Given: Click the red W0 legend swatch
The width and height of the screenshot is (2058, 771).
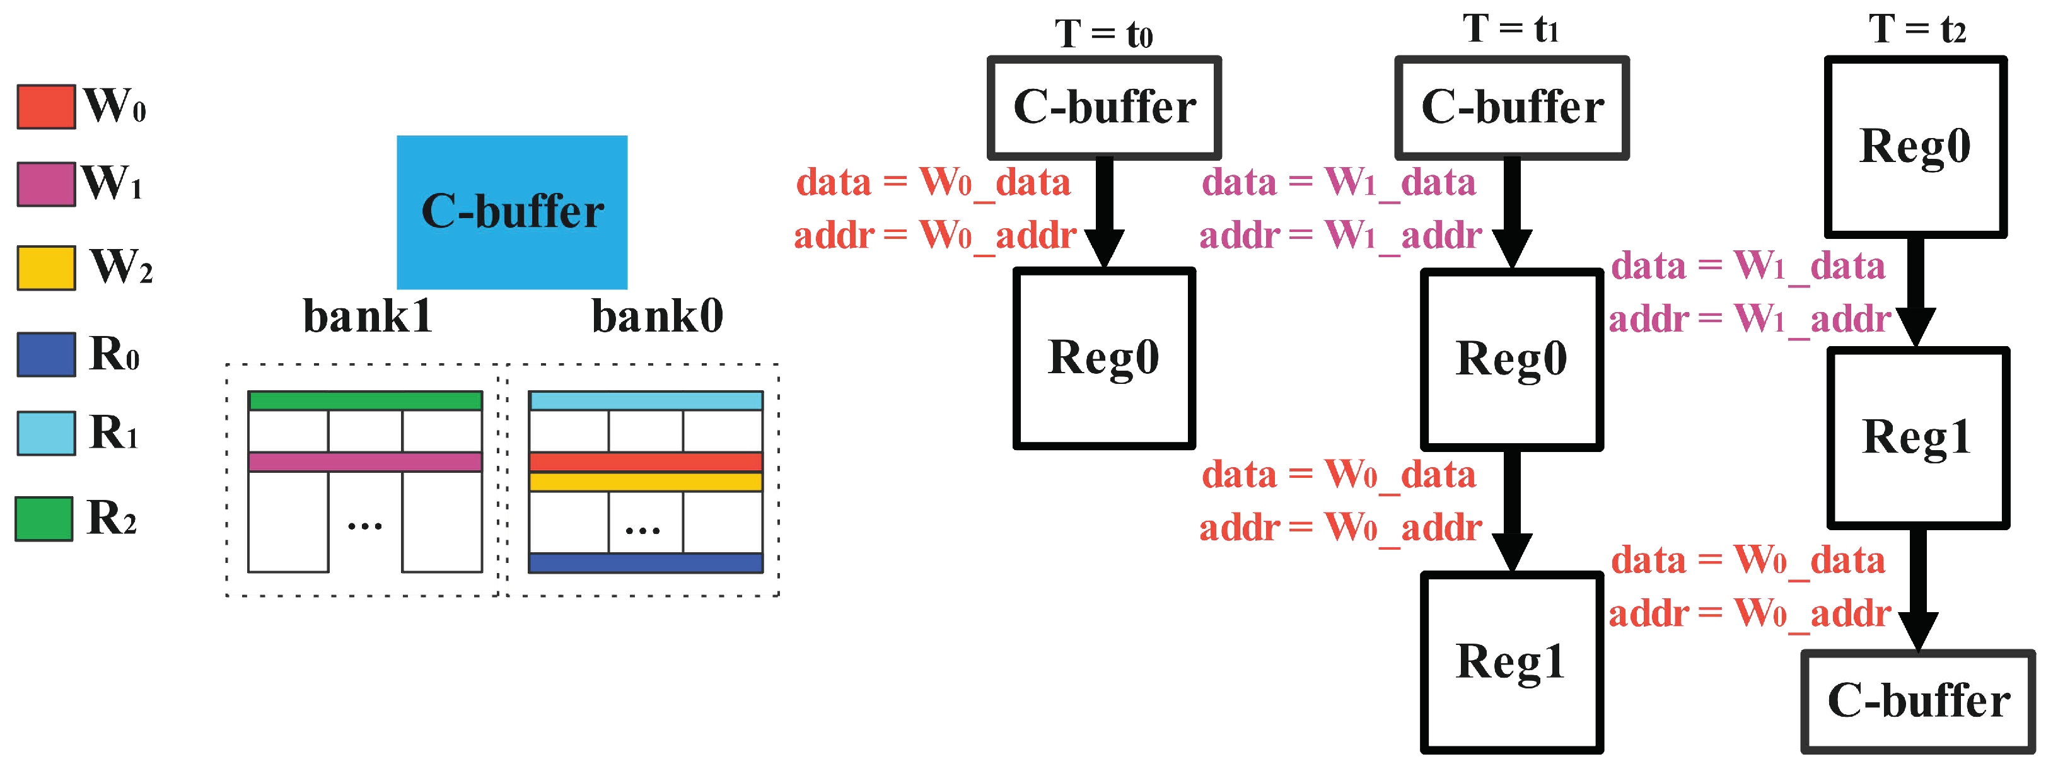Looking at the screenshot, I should click(46, 107).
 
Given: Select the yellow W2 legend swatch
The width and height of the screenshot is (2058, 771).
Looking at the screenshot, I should click(46, 268).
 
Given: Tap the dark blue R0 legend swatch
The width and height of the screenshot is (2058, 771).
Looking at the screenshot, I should click(46, 354).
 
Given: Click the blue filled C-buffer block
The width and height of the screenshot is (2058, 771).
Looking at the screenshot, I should click(511, 212).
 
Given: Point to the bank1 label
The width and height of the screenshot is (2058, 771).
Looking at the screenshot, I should click(368, 316).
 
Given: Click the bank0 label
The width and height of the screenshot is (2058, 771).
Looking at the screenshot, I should click(657, 316).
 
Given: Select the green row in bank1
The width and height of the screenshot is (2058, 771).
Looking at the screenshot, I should click(365, 400).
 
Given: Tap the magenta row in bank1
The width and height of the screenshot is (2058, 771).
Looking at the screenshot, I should click(365, 462).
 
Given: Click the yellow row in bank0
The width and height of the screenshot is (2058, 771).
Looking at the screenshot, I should click(646, 482).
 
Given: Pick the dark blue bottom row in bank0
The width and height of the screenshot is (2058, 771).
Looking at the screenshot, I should click(646, 562).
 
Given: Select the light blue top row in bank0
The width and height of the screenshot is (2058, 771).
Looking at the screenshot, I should click(646, 400).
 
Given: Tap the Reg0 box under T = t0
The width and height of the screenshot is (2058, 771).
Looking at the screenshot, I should click(1103, 358).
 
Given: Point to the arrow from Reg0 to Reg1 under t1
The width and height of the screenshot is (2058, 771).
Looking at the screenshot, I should click(1511, 511).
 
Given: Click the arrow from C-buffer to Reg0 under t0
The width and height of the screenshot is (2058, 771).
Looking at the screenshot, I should click(1104, 212).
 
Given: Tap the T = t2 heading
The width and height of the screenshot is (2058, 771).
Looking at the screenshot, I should click(1917, 30).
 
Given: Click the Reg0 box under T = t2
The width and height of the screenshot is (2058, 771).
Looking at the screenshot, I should click(1915, 146).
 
